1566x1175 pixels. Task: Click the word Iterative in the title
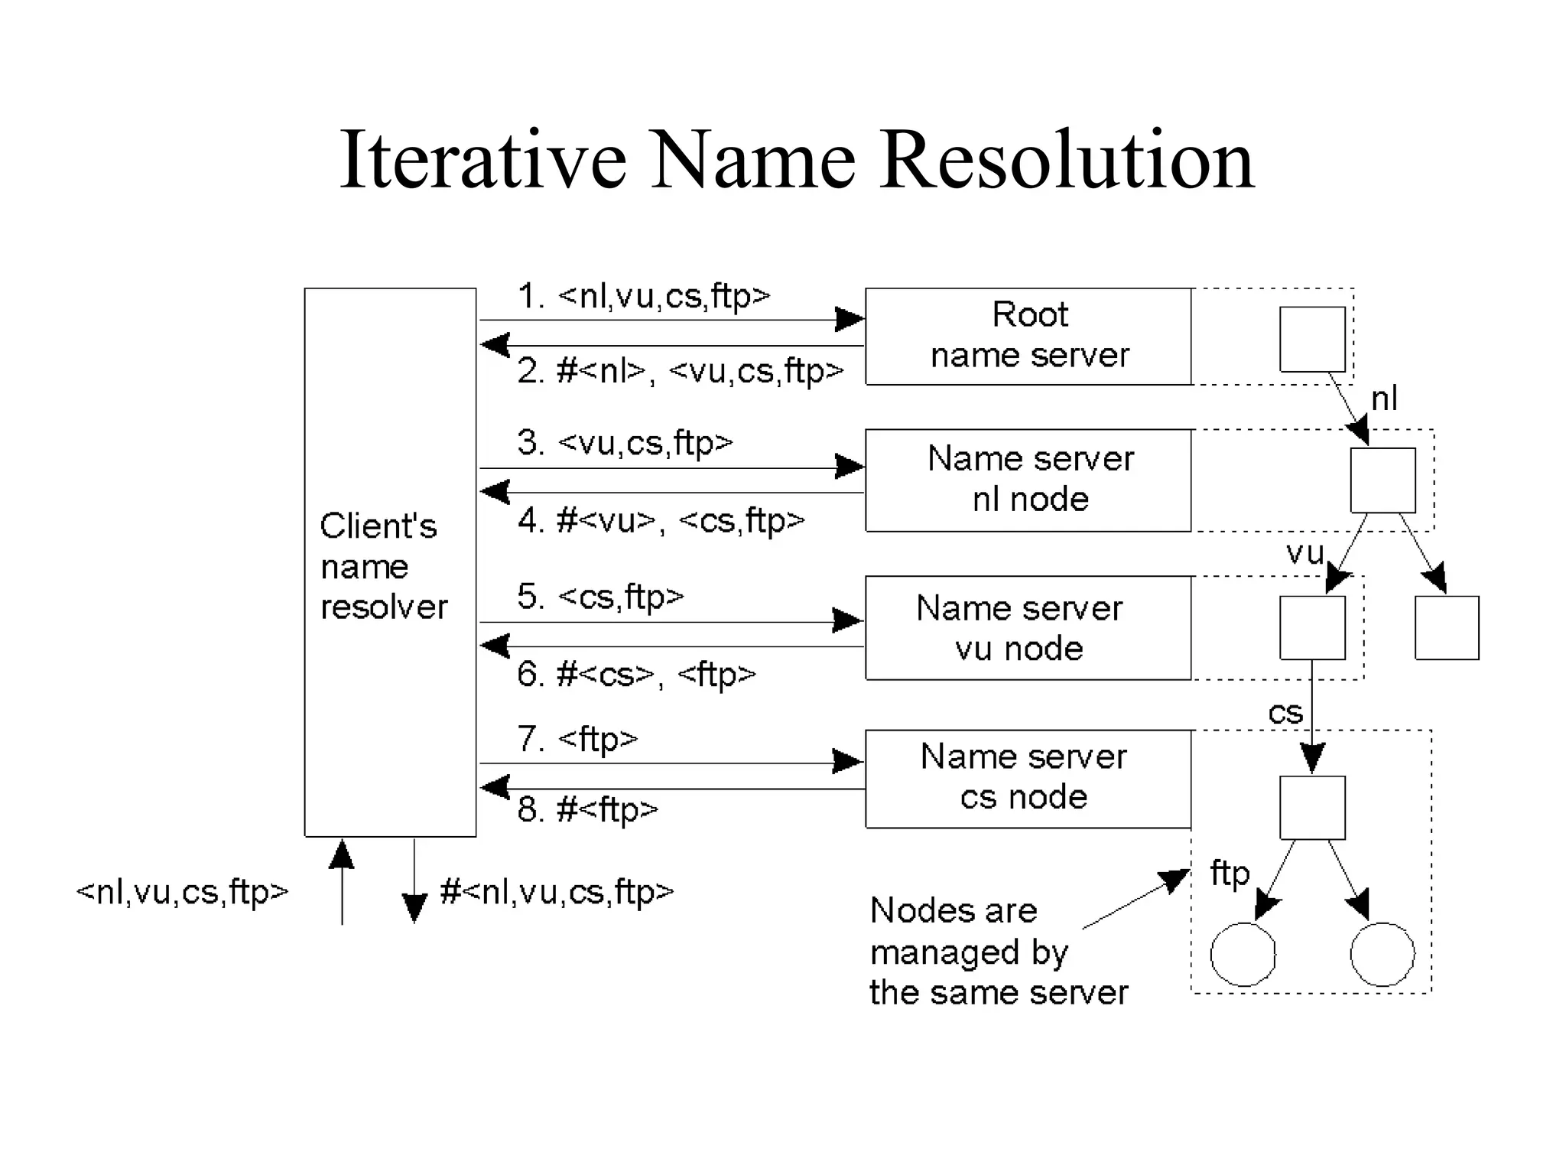pyautogui.click(x=483, y=161)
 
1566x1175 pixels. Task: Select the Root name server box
pyautogui.click(x=1028, y=336)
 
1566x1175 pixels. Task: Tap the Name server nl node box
pyautogui.click(x=1028, y=480)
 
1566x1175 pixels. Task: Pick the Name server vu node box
pyautogui.click(x=1028, y=627)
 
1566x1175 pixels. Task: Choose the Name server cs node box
pyautogui.click(x=1028, y=778)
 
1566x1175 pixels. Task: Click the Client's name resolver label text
pyautogui.click(x=382, y=566)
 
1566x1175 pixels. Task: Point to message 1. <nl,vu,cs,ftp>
pyautogui.click(x=644, y=296)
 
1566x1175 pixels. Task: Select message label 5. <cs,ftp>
pyautogui.click(x=600, y=597)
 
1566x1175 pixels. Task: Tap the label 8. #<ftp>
pyautogui.click(x=587, y=809)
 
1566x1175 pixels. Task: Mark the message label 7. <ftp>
pyautogui.click(x=577, y=739)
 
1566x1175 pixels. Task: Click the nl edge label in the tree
pyautogui.click(x=1384, y=399)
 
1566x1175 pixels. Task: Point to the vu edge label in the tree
pyautogui.click(x=1304, y=552)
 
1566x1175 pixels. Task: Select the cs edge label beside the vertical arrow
pyautogui.click(x=1285, y=713)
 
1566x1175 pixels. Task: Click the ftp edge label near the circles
pyautogui.click(x=1230, y=874)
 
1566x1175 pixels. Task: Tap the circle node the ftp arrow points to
pyautogui.click(x=1243, y=954)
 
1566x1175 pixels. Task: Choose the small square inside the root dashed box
pyautogui.click(x=1312, y=339)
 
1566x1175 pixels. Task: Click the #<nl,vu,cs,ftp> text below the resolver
pyautogui.click(x=557, y=892)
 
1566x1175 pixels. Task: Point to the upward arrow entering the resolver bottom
pyautogui.click(x=342, y=880)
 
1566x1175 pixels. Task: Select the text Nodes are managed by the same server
pyautogui.click(x=998, y=951)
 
